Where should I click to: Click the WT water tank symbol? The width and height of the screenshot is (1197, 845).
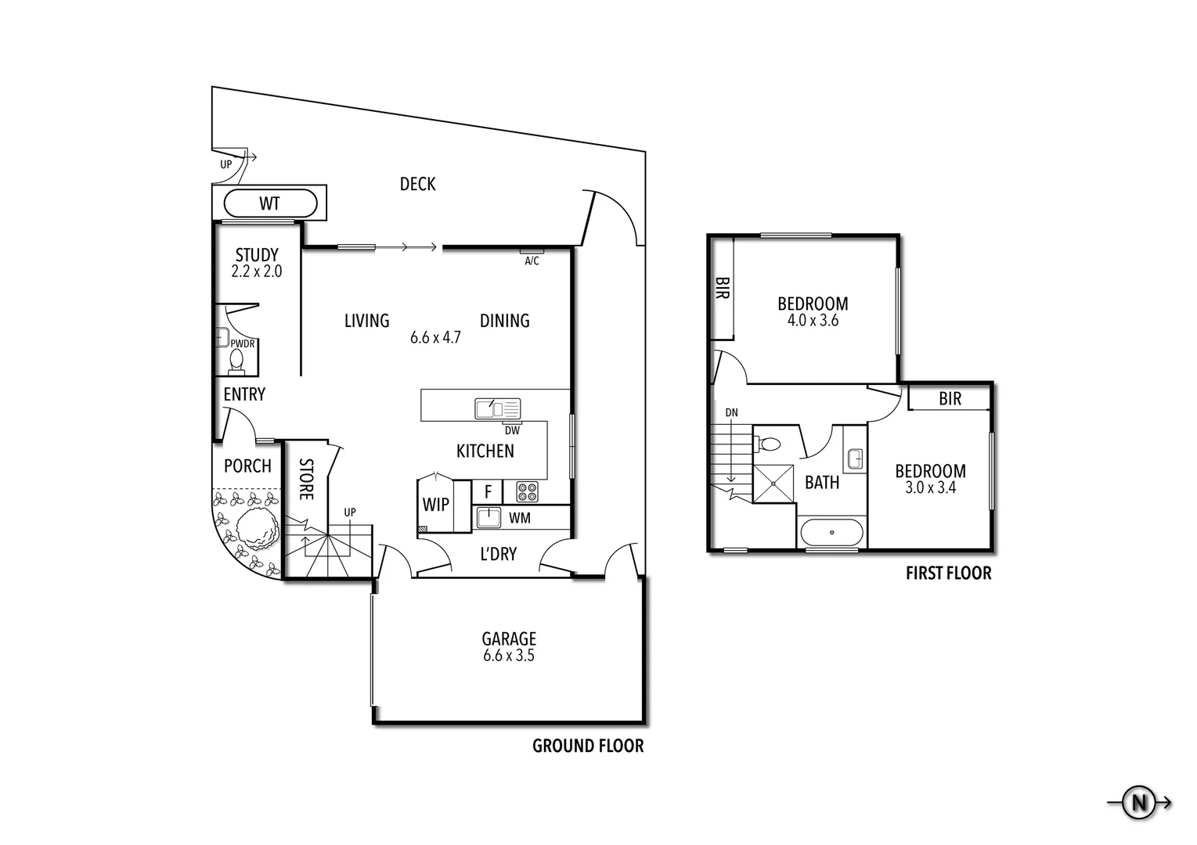270,204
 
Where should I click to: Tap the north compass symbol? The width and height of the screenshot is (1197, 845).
1139,802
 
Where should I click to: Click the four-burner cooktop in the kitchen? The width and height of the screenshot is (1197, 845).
527,492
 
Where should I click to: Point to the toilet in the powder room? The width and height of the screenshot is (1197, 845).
236,359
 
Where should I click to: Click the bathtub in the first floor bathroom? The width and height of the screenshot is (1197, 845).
831,534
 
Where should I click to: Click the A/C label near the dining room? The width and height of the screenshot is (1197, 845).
532,261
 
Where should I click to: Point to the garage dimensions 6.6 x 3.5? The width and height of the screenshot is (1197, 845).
509,656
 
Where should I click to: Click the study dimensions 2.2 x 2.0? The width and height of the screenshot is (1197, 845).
257,272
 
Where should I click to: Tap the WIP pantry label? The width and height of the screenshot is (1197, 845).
436,505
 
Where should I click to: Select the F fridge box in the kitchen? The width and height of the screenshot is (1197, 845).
488,492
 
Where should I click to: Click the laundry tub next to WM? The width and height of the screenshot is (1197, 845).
489,518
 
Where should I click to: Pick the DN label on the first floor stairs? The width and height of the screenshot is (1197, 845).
731,413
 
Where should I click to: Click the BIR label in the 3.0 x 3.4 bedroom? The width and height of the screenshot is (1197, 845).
950,399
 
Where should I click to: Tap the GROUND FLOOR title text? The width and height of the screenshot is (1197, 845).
588,746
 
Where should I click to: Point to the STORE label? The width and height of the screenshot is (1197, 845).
306,480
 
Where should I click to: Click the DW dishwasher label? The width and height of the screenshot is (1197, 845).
512,430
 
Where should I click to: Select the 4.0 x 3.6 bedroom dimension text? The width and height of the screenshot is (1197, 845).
813,321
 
